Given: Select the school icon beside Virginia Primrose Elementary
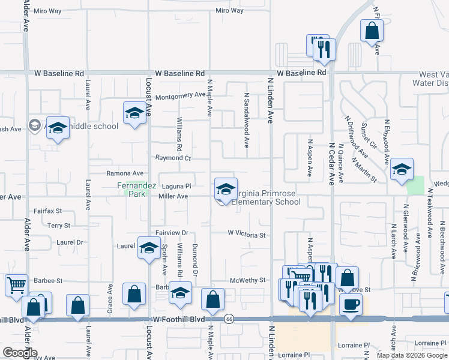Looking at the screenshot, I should [225, 189].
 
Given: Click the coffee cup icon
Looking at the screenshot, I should [351, 304].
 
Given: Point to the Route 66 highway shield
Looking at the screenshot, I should [229, 319].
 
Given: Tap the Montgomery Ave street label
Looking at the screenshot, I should [180, 95].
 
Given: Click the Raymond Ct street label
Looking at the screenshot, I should [173, 158].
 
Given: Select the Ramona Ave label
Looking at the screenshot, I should [125, 173].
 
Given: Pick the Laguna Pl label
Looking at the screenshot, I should [176, 186].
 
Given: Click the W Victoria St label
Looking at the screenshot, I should [246, 235].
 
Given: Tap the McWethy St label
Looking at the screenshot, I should [248, 281].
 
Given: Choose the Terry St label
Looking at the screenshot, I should [59, 226].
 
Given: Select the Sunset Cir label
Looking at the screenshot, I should [366, 137].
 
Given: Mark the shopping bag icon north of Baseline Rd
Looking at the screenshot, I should [372, 30].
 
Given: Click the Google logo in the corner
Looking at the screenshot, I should [19, 353].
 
